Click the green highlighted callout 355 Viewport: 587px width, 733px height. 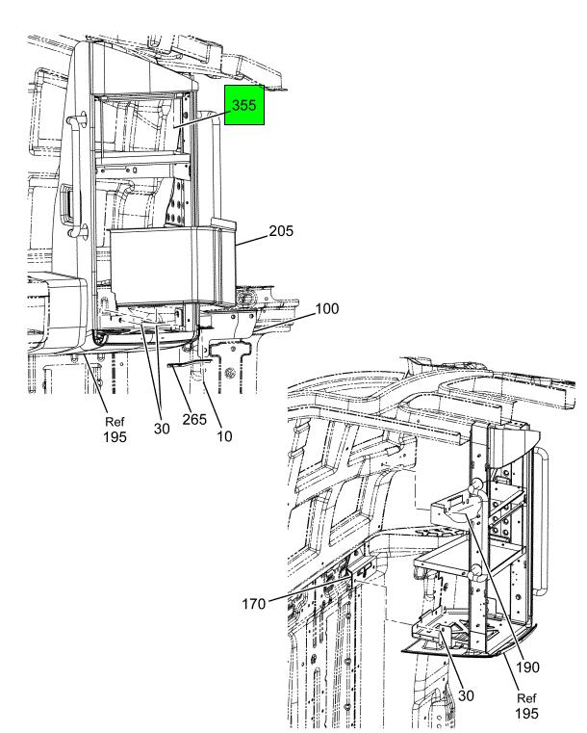pyautogui.click(x=244, y=105)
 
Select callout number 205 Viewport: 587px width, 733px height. pyautogui.click(x=281, y=231)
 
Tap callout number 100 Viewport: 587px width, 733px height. pyautogui.click(x=327, y=308)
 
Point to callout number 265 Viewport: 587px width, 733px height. pyautogui.click(x=194, y=419)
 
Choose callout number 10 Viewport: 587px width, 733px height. pyautogui.click(x=224, y=436)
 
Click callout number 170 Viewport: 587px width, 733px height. pyautogui.click(x=254, y=604)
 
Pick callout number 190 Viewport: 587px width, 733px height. pyautogui.click(x=527, y=668)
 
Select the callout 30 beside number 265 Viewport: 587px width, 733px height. pyautogui.click(x=162, y=429)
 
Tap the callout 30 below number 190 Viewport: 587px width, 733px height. pyautogui.click(x=466, y=695)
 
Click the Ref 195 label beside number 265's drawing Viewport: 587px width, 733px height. pyautogui.click(x=115, y=430)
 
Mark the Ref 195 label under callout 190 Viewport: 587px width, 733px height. pyautogui.click(x=526, y=706)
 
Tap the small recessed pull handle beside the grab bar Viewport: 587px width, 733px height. pyautogui.click(x=66, y=201)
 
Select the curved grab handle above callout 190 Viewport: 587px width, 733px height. pyautogui.click(x=542, y=521)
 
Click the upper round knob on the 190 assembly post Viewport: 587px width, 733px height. pyautogui.click(x=477, y=484)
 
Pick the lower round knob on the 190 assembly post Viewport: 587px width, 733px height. pyautogui.click(x=476, y=571)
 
